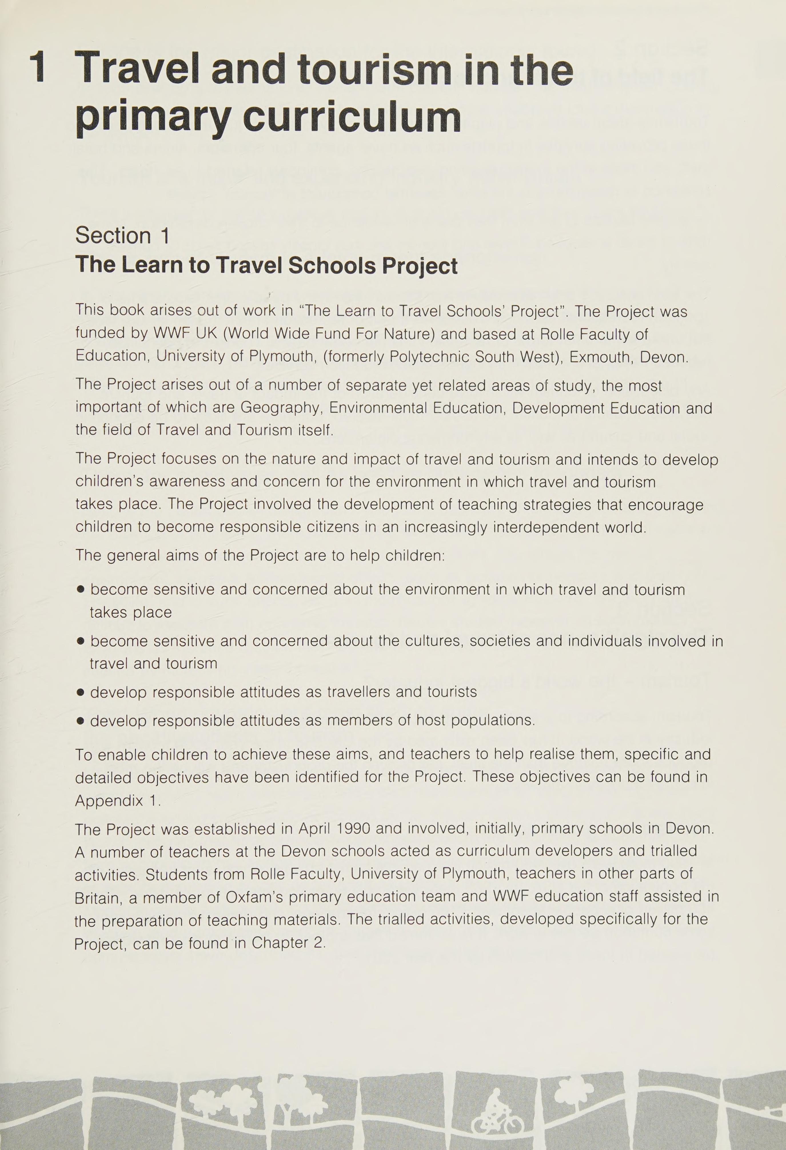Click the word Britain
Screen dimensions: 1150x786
98,898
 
